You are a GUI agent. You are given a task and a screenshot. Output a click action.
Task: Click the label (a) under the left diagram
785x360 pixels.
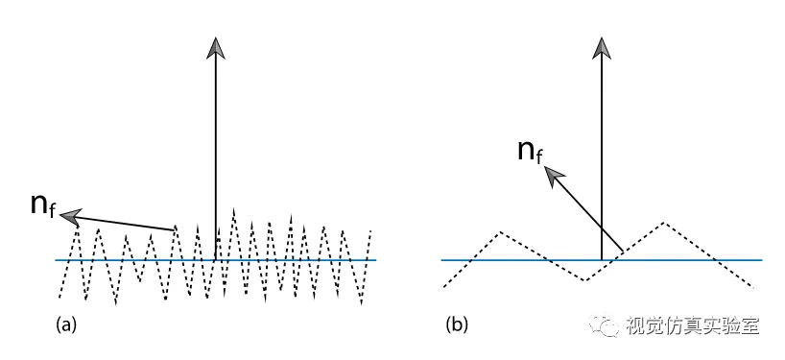(x=66, y=325)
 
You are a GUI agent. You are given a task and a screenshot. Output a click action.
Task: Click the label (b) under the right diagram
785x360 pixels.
(x=457, y=325)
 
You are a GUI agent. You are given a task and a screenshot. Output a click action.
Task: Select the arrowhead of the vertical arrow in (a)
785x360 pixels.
(x=216, y=48)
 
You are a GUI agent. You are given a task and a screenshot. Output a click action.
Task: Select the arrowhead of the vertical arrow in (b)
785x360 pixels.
(x=602, y=48)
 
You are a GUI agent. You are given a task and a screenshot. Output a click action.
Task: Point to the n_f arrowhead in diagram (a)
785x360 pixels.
(x=71, y=216)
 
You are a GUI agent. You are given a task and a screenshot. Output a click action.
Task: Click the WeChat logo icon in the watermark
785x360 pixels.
(x=604, y=326)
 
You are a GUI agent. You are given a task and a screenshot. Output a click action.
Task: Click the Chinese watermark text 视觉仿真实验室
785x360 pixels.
(x=693, y=326)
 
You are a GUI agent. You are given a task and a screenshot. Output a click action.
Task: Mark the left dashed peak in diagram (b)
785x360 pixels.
(x=501, y=231)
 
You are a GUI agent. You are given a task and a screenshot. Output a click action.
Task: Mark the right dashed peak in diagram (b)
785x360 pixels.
(x=664, y=223)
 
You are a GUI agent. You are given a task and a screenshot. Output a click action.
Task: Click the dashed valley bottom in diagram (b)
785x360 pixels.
(x=584, y=280)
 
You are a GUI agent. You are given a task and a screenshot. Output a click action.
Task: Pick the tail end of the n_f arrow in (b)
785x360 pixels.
(x=623, y=251)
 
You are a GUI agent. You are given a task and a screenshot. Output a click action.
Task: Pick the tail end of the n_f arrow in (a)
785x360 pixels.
(x=175, y=229)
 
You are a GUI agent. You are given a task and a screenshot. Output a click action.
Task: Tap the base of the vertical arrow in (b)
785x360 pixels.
(x=602, y=260)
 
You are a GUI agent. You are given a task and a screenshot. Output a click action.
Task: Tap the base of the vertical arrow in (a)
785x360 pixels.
(x=216, y=260)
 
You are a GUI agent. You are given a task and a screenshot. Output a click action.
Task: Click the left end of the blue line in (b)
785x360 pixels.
(x=441, y=260)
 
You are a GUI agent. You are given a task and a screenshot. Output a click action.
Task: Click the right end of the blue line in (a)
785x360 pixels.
(x=375, y=260)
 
